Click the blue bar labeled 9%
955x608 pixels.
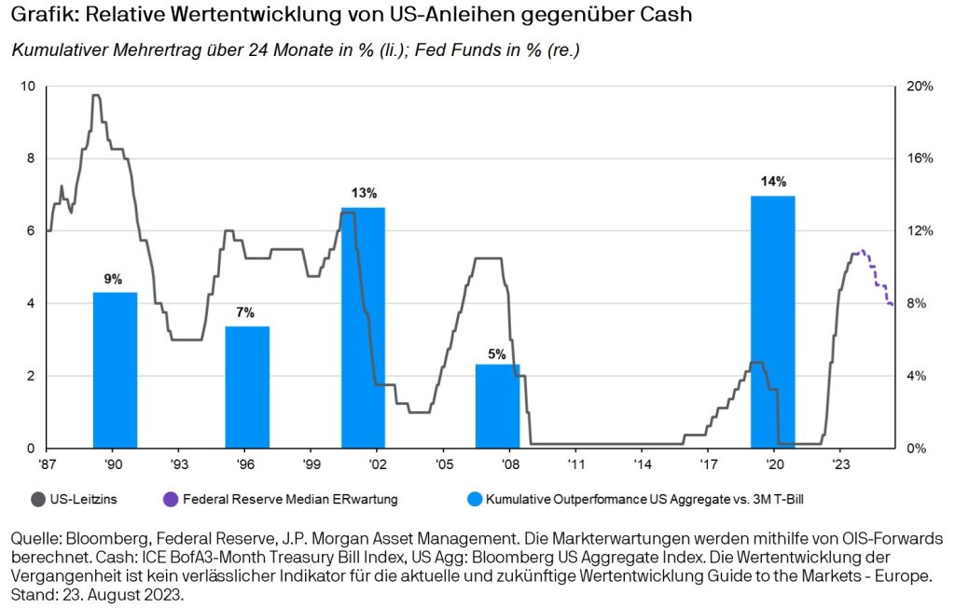115,370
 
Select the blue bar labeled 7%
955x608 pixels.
247,387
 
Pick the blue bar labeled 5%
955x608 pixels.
497,407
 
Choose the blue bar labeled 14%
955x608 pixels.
772,322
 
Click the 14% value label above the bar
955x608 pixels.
773,182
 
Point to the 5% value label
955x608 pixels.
497,353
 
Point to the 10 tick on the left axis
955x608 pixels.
29,86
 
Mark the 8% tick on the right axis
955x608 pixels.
917,304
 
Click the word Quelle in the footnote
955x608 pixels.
34,539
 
